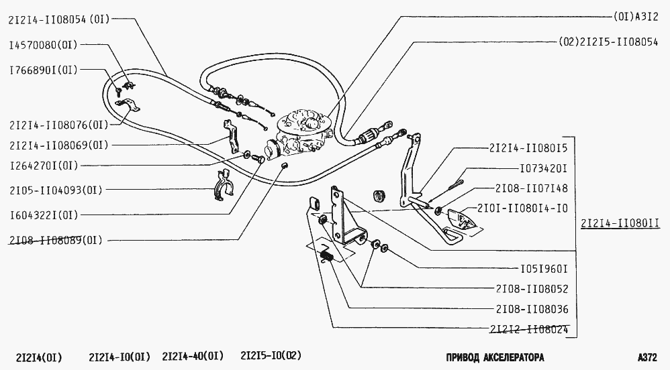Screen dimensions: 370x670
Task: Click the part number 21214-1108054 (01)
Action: (57, 20)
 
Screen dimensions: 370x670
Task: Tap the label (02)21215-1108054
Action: (610, 41)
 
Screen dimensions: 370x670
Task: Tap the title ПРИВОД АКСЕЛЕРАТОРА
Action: (485, 357)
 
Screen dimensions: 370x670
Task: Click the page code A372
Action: (651, 357)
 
